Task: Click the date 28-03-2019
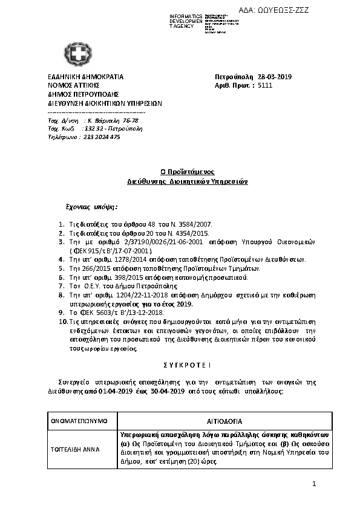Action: tap(275, 77)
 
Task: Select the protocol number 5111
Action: tap(265, 86)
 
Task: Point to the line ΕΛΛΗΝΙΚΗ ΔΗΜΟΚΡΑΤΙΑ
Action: tap(85, 77)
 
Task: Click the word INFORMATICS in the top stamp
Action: tap(186, 15)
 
